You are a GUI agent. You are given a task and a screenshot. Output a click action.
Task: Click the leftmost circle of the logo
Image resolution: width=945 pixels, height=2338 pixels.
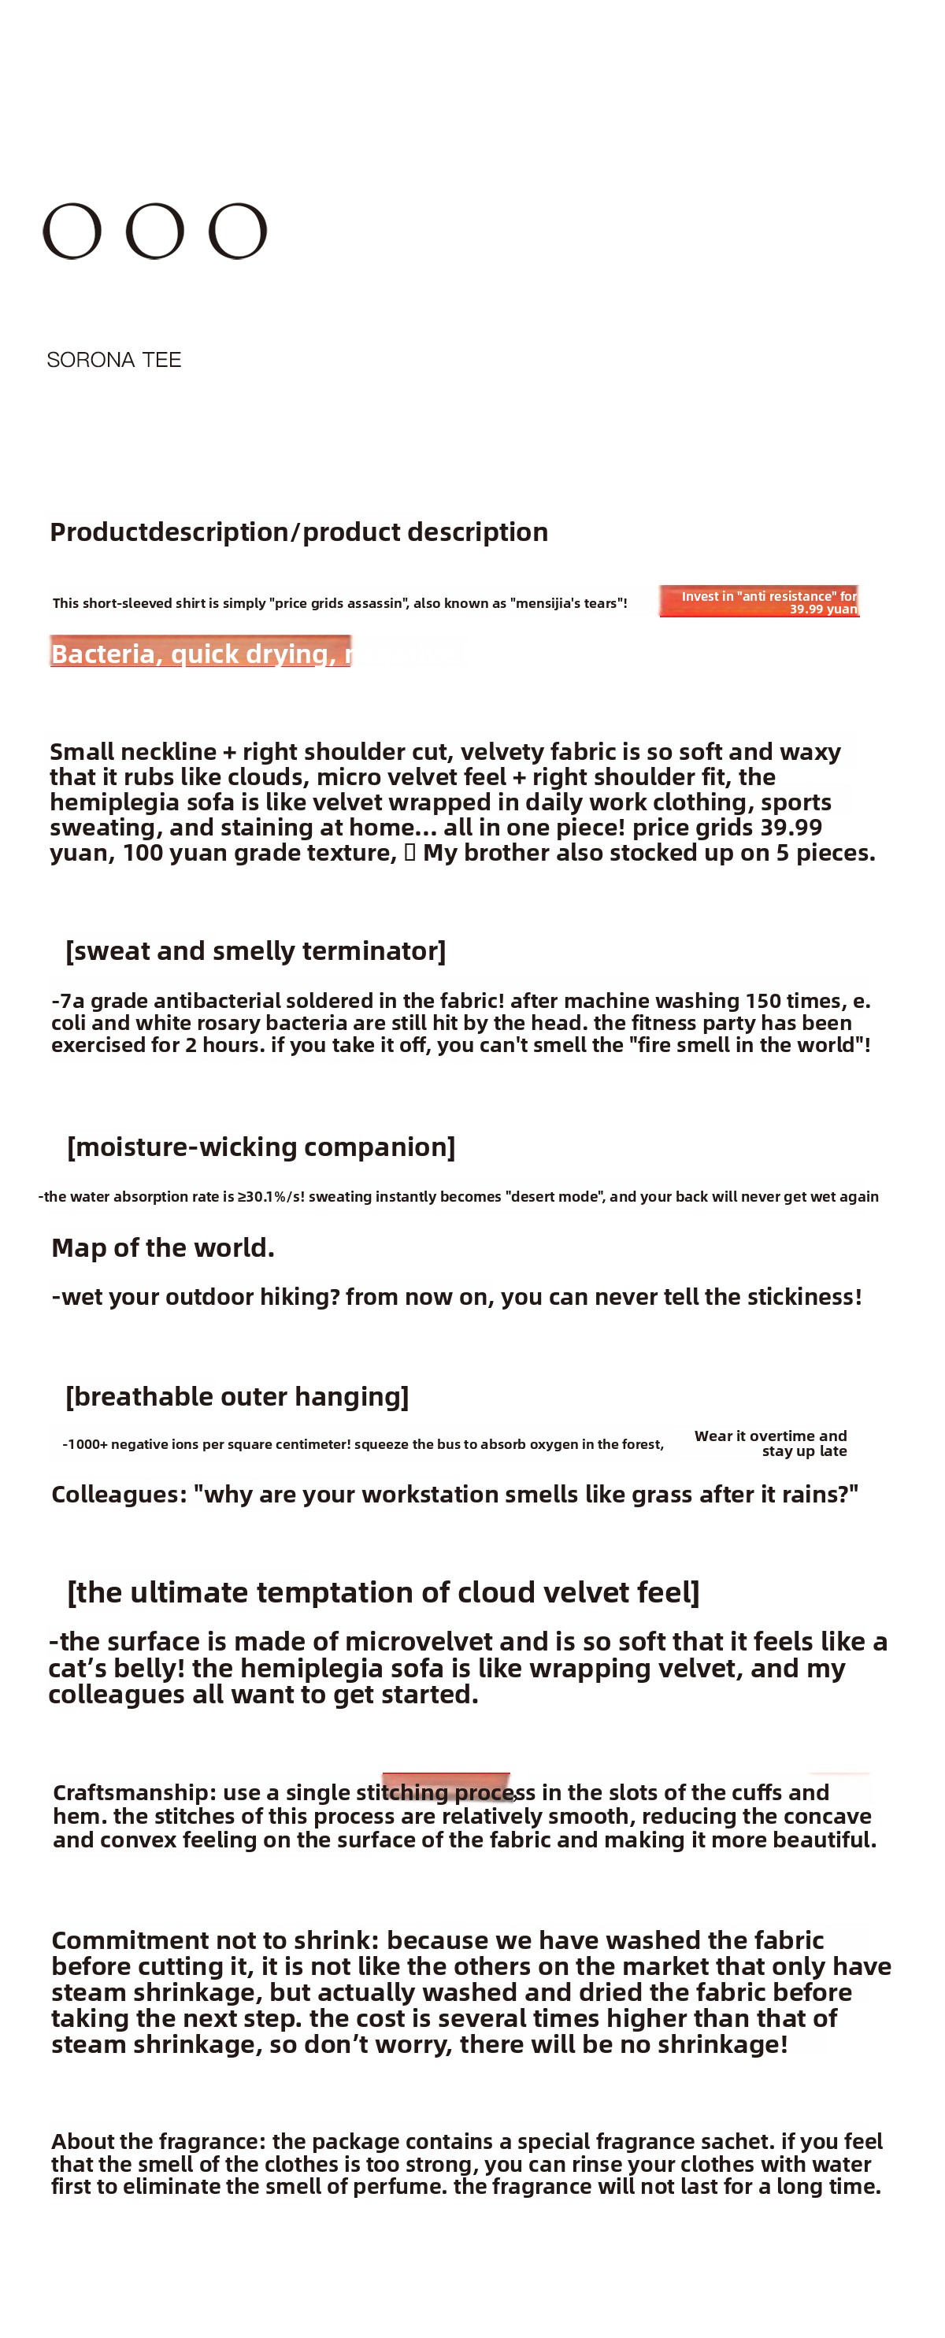(72, 232)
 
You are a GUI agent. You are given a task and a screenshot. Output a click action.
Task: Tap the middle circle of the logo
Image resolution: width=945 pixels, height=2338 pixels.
(154, 232)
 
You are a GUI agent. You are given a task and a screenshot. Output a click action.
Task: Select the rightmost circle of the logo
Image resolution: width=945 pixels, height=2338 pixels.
(238, 232)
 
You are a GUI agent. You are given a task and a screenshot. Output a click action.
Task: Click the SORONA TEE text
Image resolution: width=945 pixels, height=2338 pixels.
(113, 361)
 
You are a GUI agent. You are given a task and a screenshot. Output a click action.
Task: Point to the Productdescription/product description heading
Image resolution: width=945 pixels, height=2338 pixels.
(298, 532)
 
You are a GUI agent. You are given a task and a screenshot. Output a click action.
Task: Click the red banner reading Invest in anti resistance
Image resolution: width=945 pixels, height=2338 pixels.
(759, 602)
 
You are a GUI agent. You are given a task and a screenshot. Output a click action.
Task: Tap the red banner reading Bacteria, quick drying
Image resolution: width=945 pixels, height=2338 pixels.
(200, 652)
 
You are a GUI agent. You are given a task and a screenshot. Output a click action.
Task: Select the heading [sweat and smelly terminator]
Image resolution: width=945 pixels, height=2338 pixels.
(255, 950)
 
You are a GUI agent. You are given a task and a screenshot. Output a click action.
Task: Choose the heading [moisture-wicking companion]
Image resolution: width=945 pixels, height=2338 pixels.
(261, 1147)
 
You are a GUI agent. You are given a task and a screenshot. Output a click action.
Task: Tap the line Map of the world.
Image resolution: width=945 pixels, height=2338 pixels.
(162, 1248)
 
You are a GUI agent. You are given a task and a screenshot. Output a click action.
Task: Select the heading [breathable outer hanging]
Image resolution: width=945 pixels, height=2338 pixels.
(237, 1396)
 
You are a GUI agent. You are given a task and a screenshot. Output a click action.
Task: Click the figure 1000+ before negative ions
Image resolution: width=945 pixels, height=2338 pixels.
(87, 1445)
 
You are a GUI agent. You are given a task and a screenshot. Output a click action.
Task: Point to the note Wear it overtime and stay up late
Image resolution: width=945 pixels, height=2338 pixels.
(771, 1443)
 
